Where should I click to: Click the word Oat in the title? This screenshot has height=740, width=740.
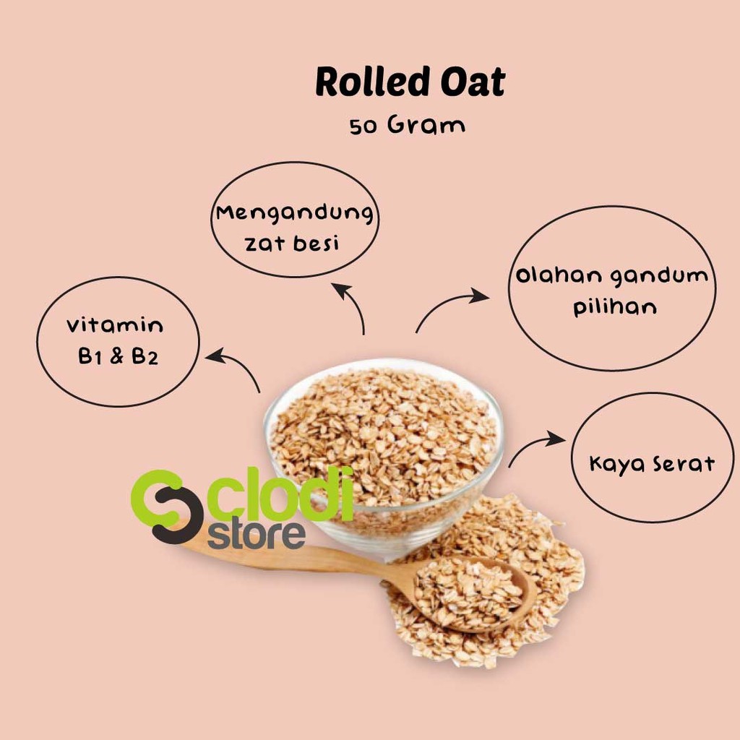tap(473, 82)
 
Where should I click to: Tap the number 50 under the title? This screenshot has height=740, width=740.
tap(363, 127)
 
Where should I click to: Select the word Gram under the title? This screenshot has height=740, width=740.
tap(426, 125)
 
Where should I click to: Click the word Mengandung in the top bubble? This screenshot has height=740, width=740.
tap(295, 213)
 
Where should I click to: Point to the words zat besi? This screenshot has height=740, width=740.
tap(292, 243)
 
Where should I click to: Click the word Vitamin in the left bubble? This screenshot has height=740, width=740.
tap(115, 325)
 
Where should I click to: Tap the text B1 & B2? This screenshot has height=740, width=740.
tap(118, 356)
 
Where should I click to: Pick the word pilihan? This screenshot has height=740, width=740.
tap(615, 306)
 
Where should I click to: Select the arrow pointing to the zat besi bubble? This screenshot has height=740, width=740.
tap(355, 304)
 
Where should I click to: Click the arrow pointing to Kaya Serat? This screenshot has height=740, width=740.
tap(528, 444)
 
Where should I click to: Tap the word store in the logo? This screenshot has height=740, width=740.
tap(257, 535)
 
